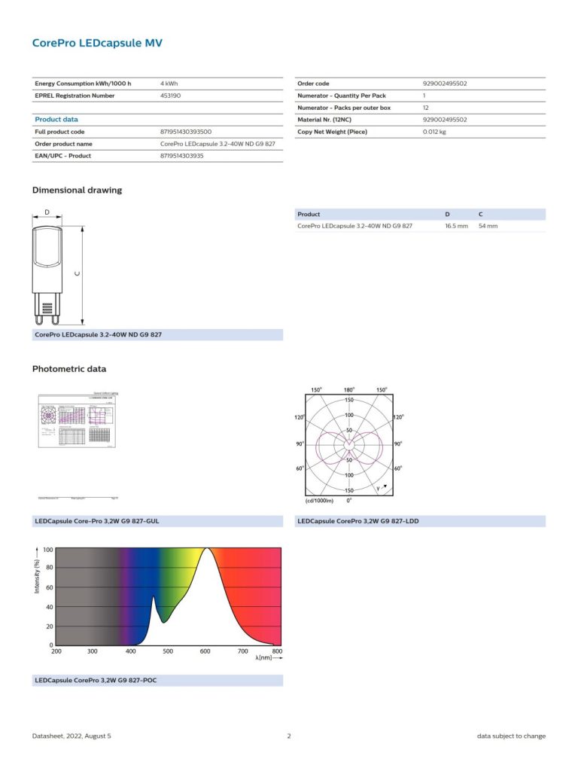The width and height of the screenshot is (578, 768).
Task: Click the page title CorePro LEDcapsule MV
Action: coord(97,43)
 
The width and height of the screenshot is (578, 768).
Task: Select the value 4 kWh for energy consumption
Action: coord(169,83)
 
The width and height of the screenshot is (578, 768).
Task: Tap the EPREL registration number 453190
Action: coord(171,96)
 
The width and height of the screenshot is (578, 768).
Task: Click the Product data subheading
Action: coord(56,119)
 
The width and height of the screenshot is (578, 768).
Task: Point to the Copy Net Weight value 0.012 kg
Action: coord(435,132)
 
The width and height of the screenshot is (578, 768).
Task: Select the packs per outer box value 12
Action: coord(425,108)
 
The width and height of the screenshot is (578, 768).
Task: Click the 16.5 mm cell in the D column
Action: coord(456,226)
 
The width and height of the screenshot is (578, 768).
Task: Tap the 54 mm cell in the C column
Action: coord(488,226)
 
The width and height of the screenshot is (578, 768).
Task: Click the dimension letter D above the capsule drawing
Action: coord(47,212)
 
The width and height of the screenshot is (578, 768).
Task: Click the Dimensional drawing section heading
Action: coord(77,190)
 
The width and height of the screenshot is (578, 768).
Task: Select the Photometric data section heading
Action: coord(69,369)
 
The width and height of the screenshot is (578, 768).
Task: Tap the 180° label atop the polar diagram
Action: coord(349,390)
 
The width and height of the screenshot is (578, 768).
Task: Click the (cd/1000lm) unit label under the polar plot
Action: coord(319,500)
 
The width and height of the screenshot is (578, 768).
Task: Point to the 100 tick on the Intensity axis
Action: coord(47,550)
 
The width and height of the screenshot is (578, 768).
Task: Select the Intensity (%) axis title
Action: coord(37,576)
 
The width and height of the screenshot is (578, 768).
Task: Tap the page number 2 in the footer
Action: coord(289,736)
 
